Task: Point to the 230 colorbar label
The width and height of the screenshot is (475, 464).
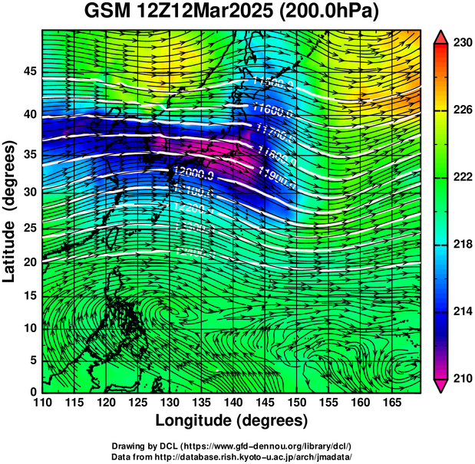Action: click(461, 43)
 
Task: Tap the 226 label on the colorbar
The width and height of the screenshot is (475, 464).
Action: click(461, 110)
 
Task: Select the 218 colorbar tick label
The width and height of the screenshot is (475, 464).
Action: click(461, 244)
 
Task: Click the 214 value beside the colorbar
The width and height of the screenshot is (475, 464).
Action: click(461, 311)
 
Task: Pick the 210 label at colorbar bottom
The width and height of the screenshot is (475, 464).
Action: click(461, 377)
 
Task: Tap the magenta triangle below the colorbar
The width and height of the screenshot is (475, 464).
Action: click(440, 385)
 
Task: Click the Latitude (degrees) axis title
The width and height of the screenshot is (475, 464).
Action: click(12, 210)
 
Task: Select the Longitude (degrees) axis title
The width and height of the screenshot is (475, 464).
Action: click(232, 421)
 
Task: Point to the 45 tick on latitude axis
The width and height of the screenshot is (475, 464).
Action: click(29, 71)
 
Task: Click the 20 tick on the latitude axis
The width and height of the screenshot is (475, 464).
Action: click(29, 262)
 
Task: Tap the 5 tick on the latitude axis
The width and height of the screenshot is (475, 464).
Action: click(32, 360)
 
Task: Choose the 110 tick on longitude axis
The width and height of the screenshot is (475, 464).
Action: click(42, 403)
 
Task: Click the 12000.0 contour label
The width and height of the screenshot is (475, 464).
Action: click(193, 172)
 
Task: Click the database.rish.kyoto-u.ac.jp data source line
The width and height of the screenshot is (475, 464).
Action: click(232, 456)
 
